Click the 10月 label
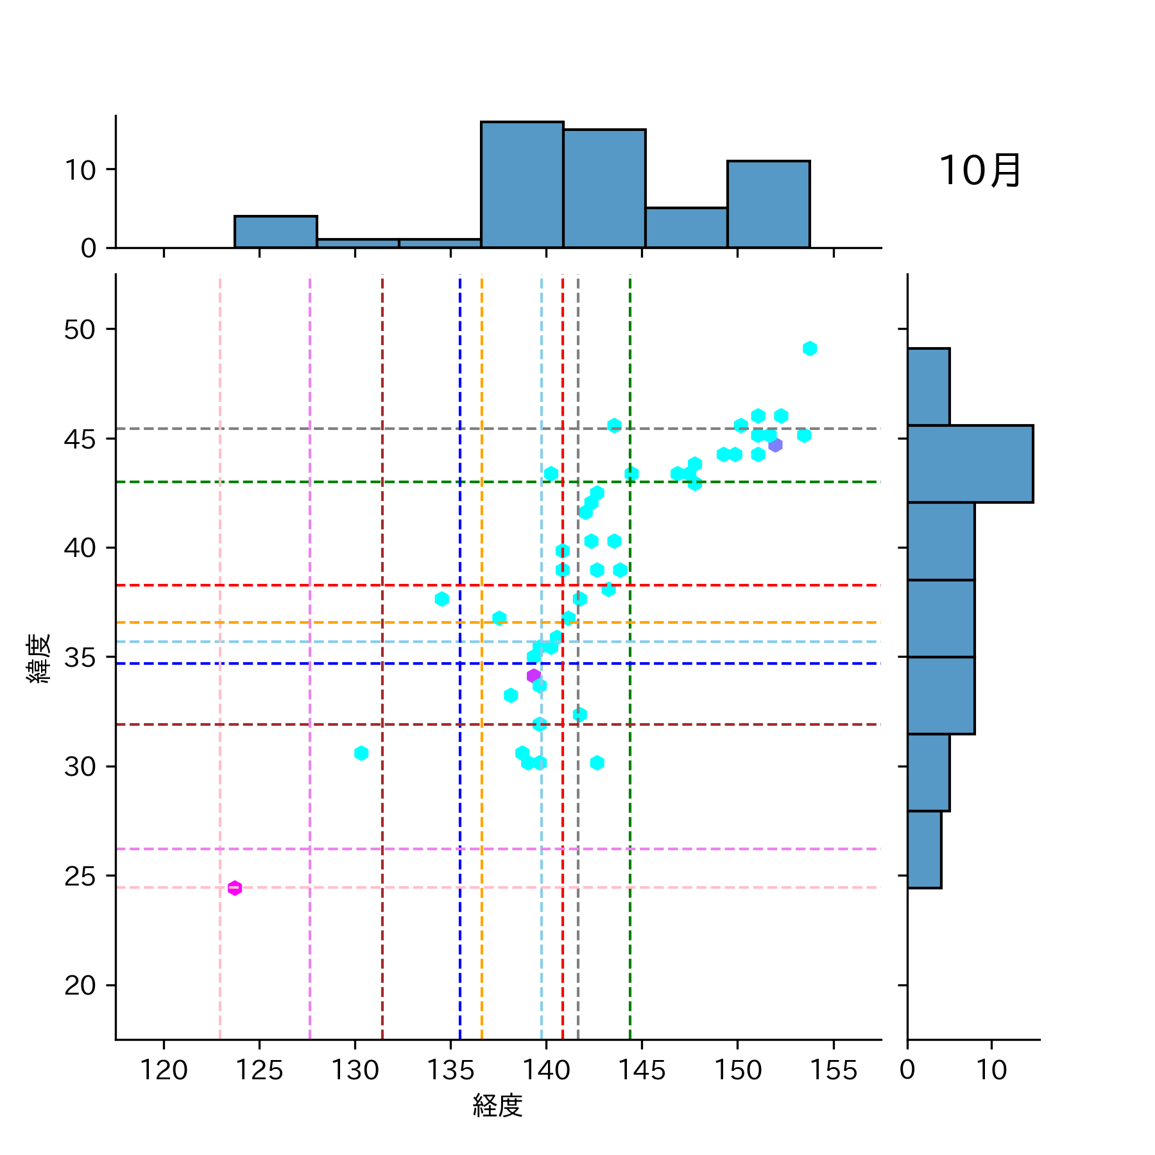[980, 171]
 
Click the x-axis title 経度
[497, 1106]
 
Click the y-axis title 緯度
[38, 658]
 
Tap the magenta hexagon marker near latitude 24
[235, 888]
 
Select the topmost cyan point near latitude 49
[810, 348]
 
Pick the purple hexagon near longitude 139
[533, 676]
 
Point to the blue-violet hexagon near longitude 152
[775, 445]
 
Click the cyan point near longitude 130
[361, 753]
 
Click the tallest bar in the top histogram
[522, 185]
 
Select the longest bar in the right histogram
[970, 464]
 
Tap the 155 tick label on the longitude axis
[834, 1070]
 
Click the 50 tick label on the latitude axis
[80, 330]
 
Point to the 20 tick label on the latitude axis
[80, 986]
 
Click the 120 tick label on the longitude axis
[164, 1070]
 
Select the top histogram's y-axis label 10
[80, 171]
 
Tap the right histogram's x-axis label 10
[991, 1070]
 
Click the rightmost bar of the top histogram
[768, 204]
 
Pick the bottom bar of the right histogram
[924, 850]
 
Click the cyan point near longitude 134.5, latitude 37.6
[441, 599]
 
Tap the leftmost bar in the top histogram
[276, 232]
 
